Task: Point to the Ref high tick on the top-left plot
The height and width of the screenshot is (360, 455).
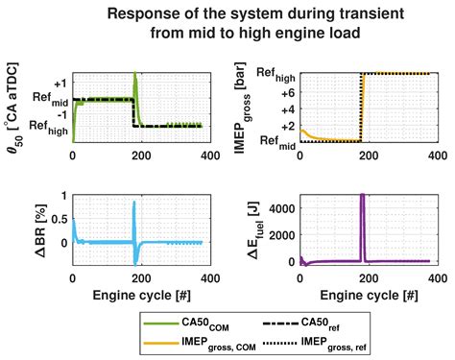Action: coord(45,125)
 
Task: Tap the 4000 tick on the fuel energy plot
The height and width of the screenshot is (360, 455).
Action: coord(279,206)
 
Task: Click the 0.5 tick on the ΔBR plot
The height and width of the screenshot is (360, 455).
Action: coord(60,219)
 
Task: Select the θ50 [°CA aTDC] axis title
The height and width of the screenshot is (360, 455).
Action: coord(16,108)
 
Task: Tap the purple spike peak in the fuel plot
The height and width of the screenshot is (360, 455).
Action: coord(362,196)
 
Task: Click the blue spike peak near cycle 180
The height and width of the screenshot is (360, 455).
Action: coord(133,203)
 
